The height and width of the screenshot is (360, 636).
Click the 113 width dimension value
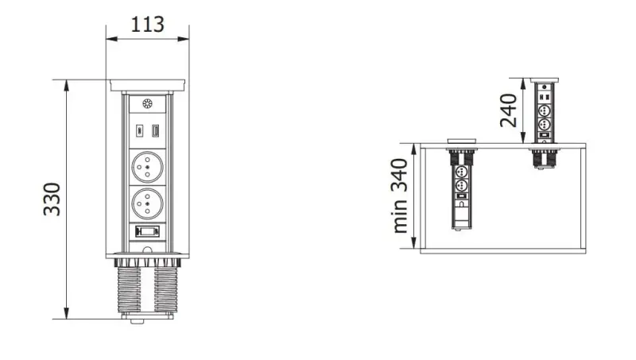[x=148, y=24]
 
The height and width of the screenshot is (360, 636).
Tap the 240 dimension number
[x=510, y=110]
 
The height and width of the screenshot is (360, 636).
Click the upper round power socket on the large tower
[x=148, y=168]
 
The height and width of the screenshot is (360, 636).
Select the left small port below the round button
[x=138, y=131]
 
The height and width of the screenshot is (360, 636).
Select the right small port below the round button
[x=157, y=131]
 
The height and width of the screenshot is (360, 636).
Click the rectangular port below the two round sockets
[x=147, y=232]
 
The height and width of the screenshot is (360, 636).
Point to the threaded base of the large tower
[x=147, y=288]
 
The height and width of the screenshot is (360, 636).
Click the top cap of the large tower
[x=148, y=83]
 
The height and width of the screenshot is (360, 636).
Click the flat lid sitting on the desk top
[x=462, y=142]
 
